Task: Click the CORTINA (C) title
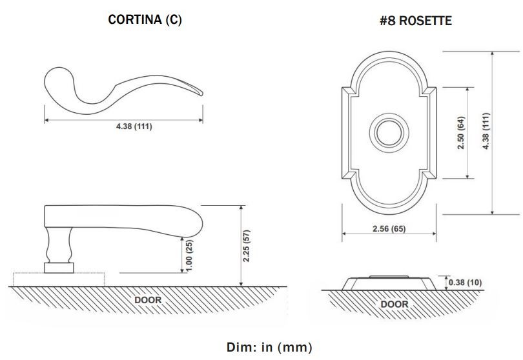145,19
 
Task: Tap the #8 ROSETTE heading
416,21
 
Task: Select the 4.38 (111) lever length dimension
134,126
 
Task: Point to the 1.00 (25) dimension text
189,255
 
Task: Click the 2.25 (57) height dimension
247,246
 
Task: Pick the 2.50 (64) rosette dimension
461,133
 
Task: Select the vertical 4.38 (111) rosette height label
486,131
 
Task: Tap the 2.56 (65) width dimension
389,228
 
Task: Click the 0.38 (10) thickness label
465,283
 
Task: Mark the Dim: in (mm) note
269,347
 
